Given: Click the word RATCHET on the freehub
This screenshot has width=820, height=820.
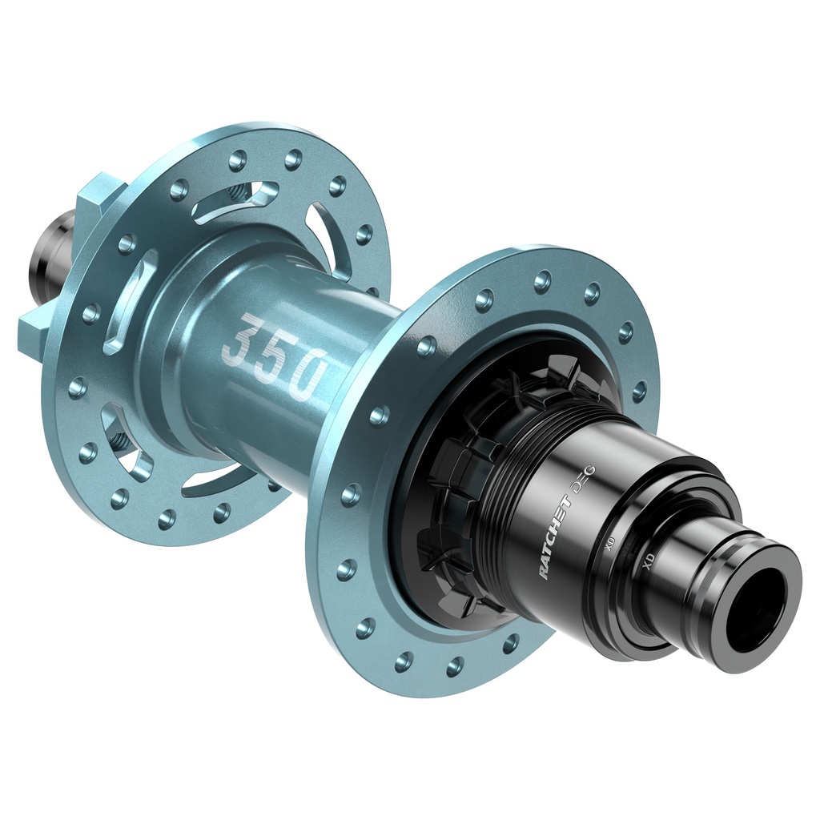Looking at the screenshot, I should pos(553,537).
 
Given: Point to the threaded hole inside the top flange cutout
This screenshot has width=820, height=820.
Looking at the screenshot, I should pos(238,193).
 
